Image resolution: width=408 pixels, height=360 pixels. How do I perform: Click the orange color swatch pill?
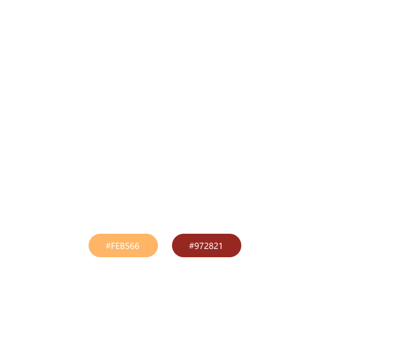pyautogui.click(x=123, y=245)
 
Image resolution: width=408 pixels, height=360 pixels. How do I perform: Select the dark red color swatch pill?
pyautogui.click(x=206, y=245)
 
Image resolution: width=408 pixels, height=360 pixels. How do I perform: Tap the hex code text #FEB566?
pyautogui.click(x=123, y=246)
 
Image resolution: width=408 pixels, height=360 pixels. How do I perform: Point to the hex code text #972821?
pyautogui.click(x=206, y=246)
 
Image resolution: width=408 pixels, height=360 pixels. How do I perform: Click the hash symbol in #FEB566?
pyautogui.click(x=108, y=246)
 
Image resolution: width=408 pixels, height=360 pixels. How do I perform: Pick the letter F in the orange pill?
pyautogui.click(x=113, y=246)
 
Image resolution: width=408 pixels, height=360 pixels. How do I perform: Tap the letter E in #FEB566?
pyautogui.click(x=118, y=246)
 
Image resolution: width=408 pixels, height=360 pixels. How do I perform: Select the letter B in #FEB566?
pyautogui.click(x=123, y=246)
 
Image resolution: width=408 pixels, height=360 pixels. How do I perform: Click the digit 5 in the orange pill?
pyautogui.click(x=127, y=246)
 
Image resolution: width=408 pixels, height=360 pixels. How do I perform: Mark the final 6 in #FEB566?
pyautogui.click(x=137, y=246)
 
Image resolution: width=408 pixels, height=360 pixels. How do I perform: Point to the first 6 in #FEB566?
pyautogui.click(x=132, y=246)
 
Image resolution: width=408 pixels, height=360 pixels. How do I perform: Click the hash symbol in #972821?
pyautogui.click(x=191, y=246)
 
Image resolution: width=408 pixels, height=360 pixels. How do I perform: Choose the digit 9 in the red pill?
pyautogui.click(x=197, y=246)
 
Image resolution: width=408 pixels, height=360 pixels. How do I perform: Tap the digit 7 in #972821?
pyautogui.click(x=201, y=246)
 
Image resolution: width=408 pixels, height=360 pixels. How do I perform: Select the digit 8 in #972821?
pyautogui.click(x=211, y=246)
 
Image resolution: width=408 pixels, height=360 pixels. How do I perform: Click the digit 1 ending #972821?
pyautogui.click(x=221, y=246)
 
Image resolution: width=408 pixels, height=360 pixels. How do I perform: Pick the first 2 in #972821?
pyautogui.click(x=206, y=246)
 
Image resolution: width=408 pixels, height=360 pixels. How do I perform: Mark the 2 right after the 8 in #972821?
pyautogui.click(x=215, y=246)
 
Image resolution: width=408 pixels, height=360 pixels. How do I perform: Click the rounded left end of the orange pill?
pyautogui.click(x=92, y=245)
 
